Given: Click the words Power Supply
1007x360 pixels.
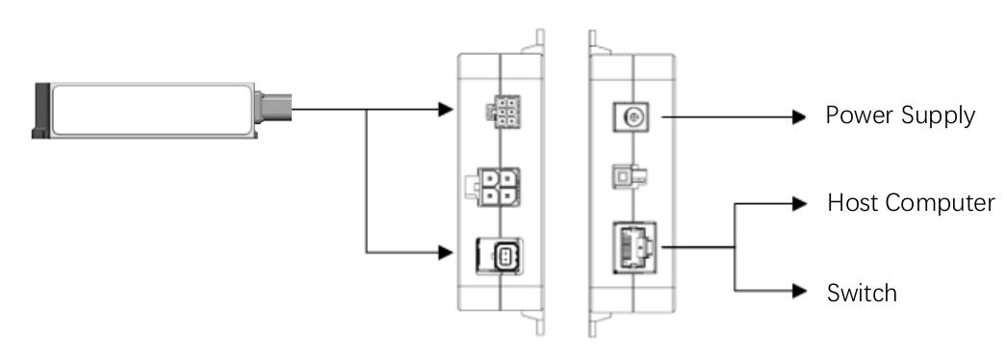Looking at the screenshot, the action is (x=900, y=116).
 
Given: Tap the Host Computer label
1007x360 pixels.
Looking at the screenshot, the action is (x=911, y=203).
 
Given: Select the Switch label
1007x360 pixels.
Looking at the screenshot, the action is (x=862, y=293).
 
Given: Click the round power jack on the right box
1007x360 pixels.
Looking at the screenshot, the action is (x=633, y=116).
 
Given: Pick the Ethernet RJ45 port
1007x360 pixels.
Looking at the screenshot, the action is (x=634, y=247).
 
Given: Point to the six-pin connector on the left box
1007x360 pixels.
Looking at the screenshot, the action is (x=503, y=113).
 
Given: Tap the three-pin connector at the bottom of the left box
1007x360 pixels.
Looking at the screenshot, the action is (x=499, y=256).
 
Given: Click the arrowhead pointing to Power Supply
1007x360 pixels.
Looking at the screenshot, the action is (x=799, y=116).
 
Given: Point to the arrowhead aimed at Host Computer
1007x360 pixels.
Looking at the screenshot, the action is (x=799, y=204).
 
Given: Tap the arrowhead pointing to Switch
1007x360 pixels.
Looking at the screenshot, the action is (x=799, y=291).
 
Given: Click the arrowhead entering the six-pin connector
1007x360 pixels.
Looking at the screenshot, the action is (x=446, y=109).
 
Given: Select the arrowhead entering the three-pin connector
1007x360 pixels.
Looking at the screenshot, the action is (x=446, y=252).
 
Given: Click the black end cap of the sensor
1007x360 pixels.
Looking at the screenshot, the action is (x=41, y=110).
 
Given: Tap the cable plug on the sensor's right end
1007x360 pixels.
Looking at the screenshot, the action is (x=273, y=107).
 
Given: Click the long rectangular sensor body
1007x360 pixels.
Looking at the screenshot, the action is (x=152, y=110).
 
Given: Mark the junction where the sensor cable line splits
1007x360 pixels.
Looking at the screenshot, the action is (x=367, y=109).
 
